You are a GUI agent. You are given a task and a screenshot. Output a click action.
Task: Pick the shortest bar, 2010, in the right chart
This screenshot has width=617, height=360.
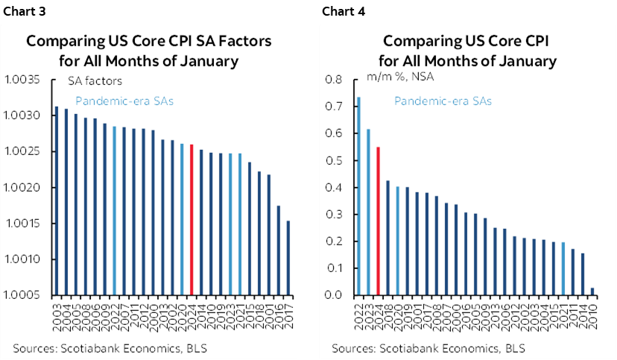click(x=592, y=291)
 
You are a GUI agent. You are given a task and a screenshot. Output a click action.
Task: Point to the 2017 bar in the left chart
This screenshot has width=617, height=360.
click(x=289, y=258)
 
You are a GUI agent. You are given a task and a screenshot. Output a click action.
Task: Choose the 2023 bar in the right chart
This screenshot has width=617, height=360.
click(x=368, y=212)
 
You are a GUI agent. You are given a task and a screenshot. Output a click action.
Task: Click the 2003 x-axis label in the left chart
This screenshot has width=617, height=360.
click(x=57, y=313)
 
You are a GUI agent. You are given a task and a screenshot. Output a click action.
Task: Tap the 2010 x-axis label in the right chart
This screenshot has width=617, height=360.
click(x=592, y=313)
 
